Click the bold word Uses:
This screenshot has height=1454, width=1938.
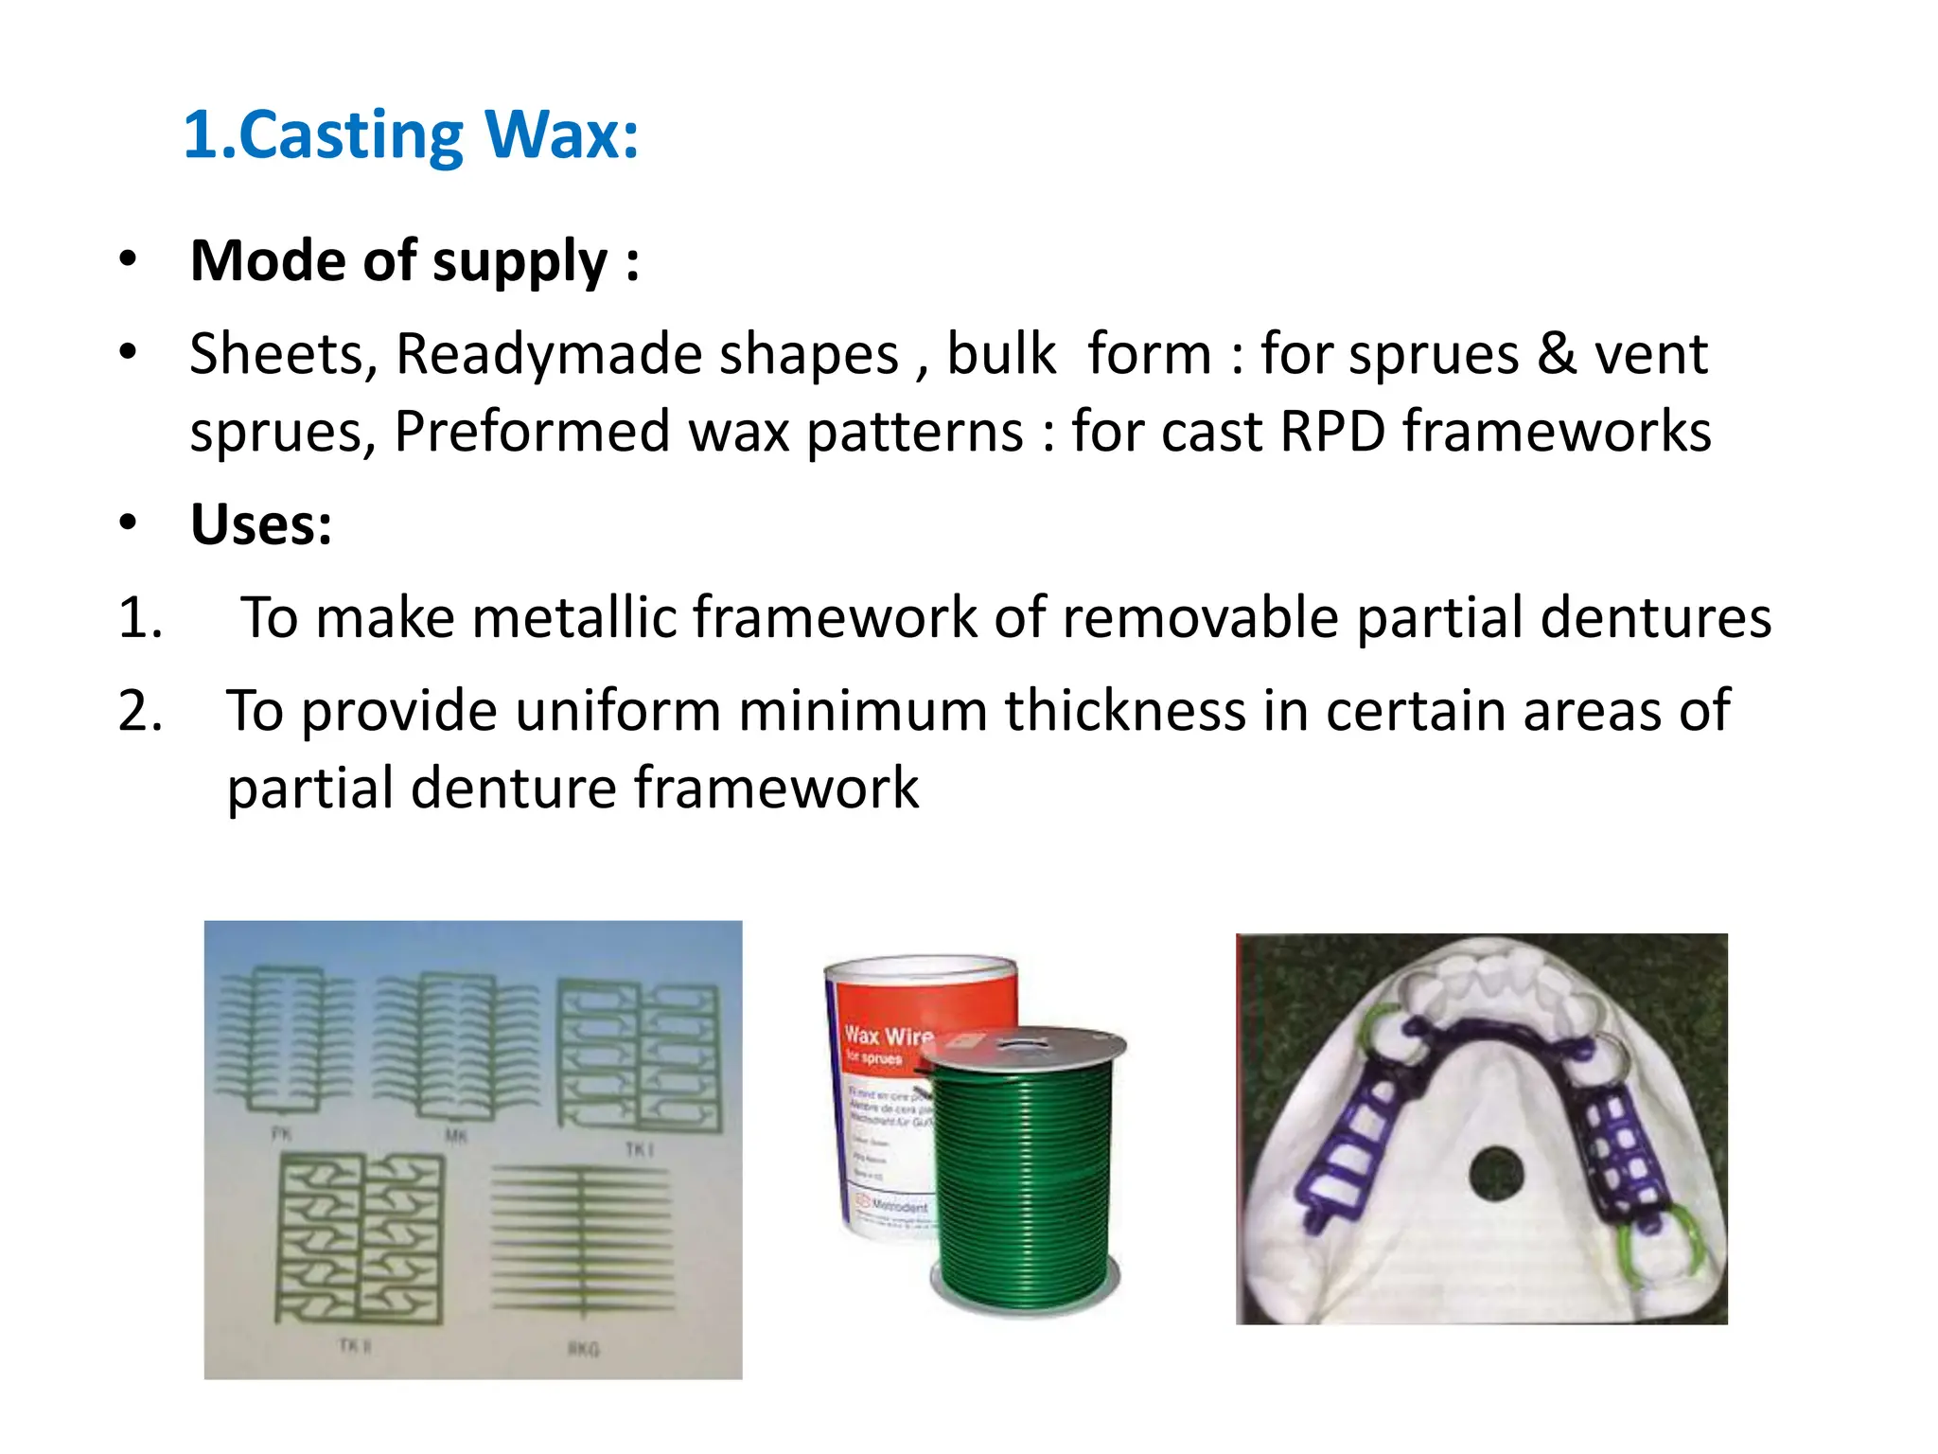click(x=261, y=524)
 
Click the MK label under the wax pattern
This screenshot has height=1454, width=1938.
click(x=456, y=1135)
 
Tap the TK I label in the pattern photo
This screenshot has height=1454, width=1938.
click(x=639, y=1149)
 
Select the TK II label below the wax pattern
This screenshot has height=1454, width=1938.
click(x=354, y=1345)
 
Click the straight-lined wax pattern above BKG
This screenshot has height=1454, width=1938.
click(x=582, y=1240)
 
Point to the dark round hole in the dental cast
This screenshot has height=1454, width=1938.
click(x=1497, y=1175)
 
